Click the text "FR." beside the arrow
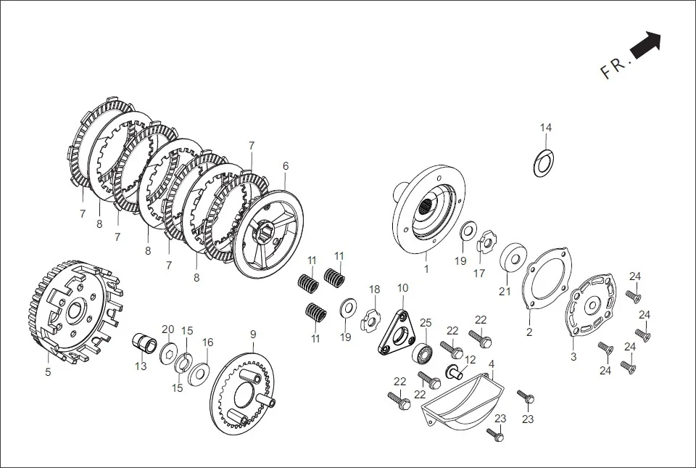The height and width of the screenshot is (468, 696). (616, 67)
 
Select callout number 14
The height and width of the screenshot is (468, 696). (545, 128)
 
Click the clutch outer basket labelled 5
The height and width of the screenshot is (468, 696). (72, 312)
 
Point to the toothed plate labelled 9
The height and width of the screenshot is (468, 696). (247, 395)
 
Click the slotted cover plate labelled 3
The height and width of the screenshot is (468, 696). (591, 304)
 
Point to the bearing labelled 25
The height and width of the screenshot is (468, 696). (423, 355)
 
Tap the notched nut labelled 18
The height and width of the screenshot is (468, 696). (371, 317)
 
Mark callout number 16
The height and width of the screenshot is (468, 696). (207, 342)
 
